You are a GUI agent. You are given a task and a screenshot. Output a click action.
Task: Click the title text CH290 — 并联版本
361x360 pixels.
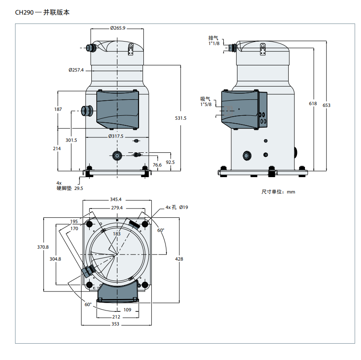pos(42,12)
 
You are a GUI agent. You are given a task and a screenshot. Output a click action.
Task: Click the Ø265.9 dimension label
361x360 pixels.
pos(117,28)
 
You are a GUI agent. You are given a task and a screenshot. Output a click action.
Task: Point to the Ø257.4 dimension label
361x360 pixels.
pos(76,70)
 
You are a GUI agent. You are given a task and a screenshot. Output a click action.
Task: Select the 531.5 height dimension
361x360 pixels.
pos(181,118)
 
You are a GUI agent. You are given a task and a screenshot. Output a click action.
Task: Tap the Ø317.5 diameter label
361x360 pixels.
pos(116,136)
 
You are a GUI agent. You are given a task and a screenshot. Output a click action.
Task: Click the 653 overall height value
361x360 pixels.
pos(326,105)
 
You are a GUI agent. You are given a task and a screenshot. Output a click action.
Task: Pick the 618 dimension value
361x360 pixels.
pos(313,103)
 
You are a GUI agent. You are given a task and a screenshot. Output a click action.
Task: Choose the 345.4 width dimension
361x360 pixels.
pos(116,200)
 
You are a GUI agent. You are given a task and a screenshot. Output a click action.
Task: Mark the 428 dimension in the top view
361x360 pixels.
pos(179,259)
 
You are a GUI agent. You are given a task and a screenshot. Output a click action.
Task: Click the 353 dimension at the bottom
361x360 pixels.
pos(115,324)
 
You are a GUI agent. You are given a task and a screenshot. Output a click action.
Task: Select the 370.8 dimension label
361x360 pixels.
pos(43,247)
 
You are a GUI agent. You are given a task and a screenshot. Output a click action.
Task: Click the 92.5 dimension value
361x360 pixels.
pos(170,162)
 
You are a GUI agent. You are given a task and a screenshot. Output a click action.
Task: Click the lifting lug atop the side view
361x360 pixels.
pos(263,49)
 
